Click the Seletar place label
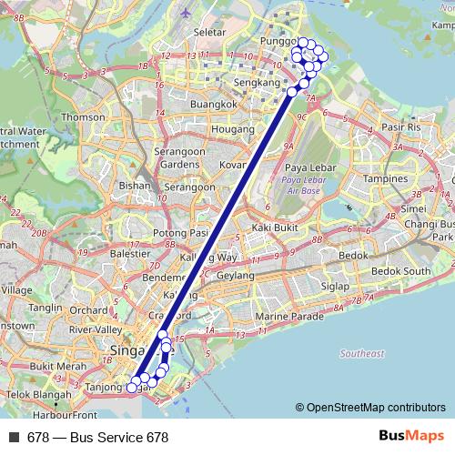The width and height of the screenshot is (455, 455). pyautogui.click(x=209, y=32)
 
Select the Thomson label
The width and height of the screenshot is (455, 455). pyautogui.click(x=85, y=117)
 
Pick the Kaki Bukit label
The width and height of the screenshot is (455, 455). pyautogui.click(x=275, y=227)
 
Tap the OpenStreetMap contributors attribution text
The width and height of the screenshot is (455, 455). pyautogui.click(x=376, y=408)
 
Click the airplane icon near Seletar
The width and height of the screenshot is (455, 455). pyautogui.click(x=187, y=15)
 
